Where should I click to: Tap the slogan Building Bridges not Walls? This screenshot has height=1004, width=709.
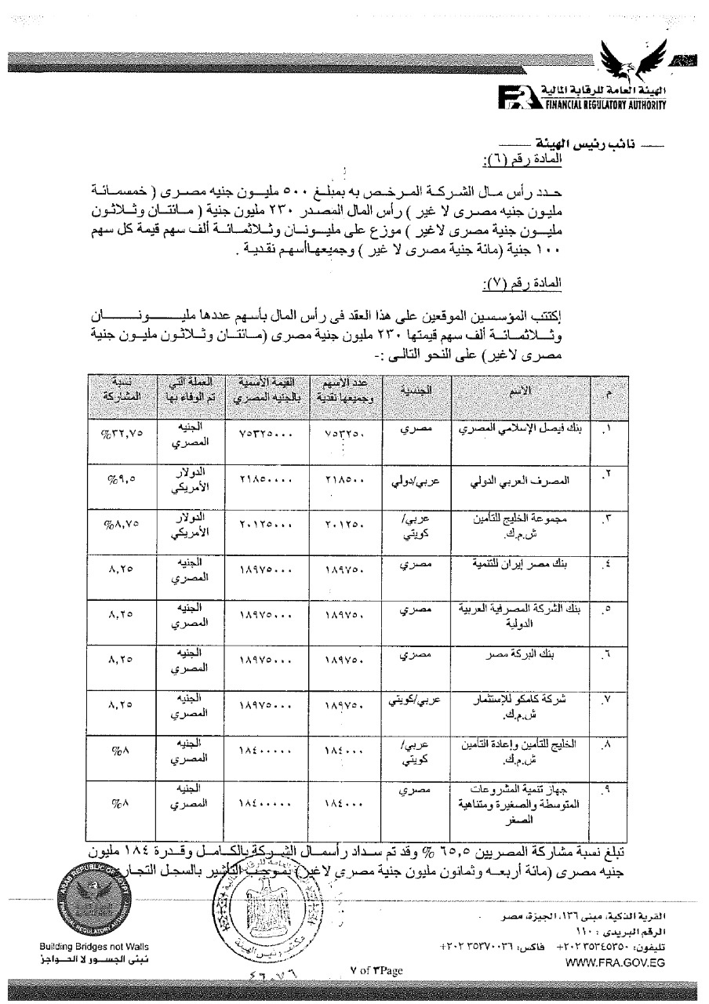pos(95,947)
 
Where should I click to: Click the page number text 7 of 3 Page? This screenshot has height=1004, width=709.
pos(376,971)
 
